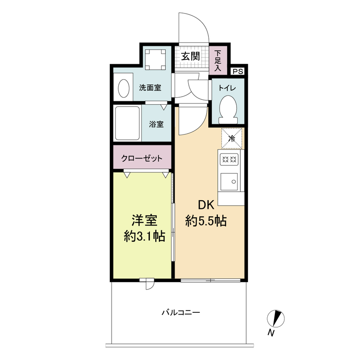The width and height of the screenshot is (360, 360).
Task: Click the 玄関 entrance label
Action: (x=190, y=56)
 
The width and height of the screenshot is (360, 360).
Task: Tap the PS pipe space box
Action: (x=238, y=72)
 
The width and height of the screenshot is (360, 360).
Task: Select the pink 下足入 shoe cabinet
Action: (x=218, y=60)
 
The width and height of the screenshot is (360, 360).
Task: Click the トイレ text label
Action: (x=227, y=88)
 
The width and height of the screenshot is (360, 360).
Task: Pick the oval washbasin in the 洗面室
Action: (x=123, y=88)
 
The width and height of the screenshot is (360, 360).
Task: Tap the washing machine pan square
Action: (x=156, y=59)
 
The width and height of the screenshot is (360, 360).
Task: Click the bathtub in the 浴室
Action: (x=127, y=123)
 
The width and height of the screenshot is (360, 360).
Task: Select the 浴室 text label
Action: (x=156, y=124)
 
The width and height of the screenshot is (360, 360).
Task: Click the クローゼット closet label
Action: (x=142, y=158)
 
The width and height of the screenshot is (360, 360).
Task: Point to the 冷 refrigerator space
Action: (x=232, y=139)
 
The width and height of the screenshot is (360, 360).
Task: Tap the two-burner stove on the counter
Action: (x=229, y=159)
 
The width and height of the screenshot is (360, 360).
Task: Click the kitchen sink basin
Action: (x=229, y=182)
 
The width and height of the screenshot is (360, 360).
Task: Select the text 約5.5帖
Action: (x=206, y=221)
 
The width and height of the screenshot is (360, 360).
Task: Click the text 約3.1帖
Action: (x=144, y=236)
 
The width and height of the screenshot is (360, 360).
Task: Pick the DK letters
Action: (x=206, y=205)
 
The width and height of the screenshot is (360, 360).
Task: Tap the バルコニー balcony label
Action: (x=181, y=312)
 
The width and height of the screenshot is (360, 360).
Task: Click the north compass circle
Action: (x=275, y=319)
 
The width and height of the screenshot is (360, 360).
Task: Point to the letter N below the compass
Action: (x=271, y=333)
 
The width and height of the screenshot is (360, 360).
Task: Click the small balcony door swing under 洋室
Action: (x=150, y=284)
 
